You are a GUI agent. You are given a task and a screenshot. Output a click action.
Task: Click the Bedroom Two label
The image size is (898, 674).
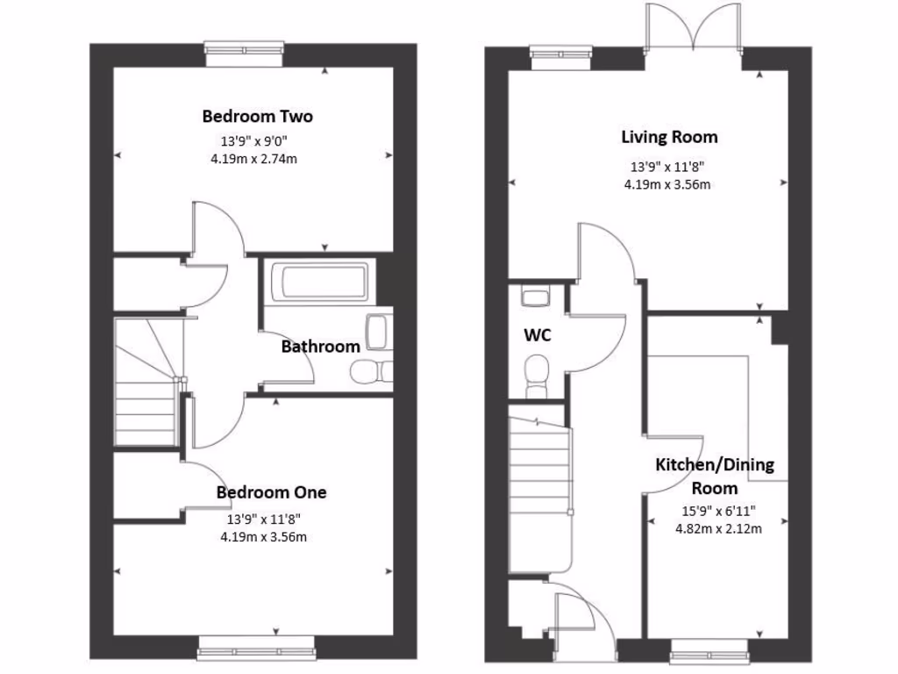coord(257,116)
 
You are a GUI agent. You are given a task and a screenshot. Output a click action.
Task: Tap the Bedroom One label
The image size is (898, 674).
coord(271,492)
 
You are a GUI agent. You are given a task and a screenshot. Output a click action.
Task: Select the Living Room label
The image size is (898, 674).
coord(669,137)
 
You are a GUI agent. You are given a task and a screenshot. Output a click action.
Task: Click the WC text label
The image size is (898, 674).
coord(538,335)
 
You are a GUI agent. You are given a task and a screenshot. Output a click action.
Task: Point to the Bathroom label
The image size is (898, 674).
coord(320,347)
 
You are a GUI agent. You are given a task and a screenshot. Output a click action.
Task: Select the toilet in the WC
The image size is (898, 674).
coord(535,373)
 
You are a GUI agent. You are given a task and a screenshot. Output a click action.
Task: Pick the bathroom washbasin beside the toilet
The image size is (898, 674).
coord(378,332)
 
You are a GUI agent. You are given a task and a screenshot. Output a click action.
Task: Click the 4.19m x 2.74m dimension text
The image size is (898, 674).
coord(253,159)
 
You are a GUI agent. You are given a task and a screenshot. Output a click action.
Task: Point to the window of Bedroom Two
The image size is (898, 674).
coord(245,54)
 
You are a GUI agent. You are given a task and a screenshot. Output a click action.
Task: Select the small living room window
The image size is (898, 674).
coord(561,57)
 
